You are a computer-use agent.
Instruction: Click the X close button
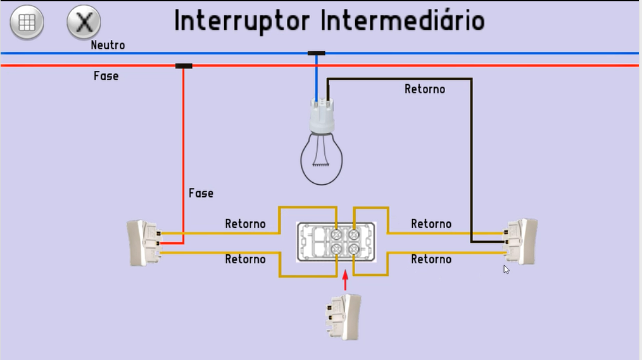(84, 23)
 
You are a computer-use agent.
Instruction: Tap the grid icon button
(27, 23)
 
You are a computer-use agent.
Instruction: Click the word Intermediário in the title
(403, 21)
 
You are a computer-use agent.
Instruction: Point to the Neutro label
(108, 46)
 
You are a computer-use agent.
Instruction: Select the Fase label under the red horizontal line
(106, 76)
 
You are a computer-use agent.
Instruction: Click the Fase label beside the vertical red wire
(201, 193)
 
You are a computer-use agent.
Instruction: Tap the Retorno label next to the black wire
(424, 89)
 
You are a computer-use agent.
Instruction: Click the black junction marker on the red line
(184, 66)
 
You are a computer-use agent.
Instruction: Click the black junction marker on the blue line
(317, 54)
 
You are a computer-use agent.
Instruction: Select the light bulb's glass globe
(321, 158)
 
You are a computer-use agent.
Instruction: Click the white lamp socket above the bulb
(322, 116)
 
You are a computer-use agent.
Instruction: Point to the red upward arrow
(345, 281)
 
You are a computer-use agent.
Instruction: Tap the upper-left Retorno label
(245, 224)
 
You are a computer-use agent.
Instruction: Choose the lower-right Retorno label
(431, 259)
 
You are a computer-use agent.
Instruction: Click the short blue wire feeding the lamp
(317, 79)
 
